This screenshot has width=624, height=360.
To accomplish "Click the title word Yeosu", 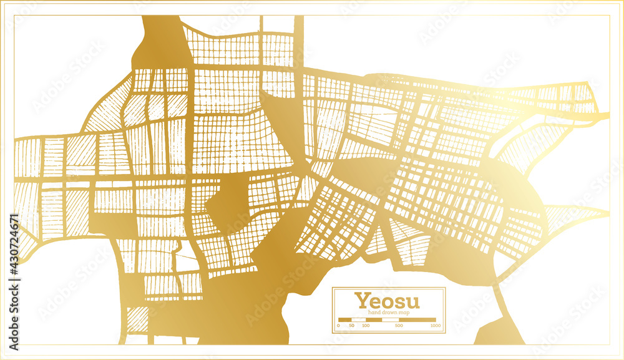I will click(387, 300).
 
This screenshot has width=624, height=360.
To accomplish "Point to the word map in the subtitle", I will click(404, 312).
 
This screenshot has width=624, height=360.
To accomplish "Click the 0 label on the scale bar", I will click(338, 326).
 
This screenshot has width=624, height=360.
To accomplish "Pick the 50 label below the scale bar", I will click(352, 326).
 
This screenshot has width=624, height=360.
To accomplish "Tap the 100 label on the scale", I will click(366, 326).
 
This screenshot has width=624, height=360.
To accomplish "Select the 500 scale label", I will click(398, 326).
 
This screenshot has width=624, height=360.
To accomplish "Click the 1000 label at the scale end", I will click(435, 326).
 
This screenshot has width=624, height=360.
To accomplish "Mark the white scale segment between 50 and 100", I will click(358, 319).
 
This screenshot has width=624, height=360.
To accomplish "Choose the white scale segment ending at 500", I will click(389, 319).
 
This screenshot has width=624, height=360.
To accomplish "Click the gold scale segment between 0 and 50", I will click(344, 319).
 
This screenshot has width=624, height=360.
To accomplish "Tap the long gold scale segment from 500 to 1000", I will click(417, 319).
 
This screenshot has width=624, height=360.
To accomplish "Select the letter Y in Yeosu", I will click(361, 300).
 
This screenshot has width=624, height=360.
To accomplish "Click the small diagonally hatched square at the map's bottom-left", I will click(137, 319).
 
